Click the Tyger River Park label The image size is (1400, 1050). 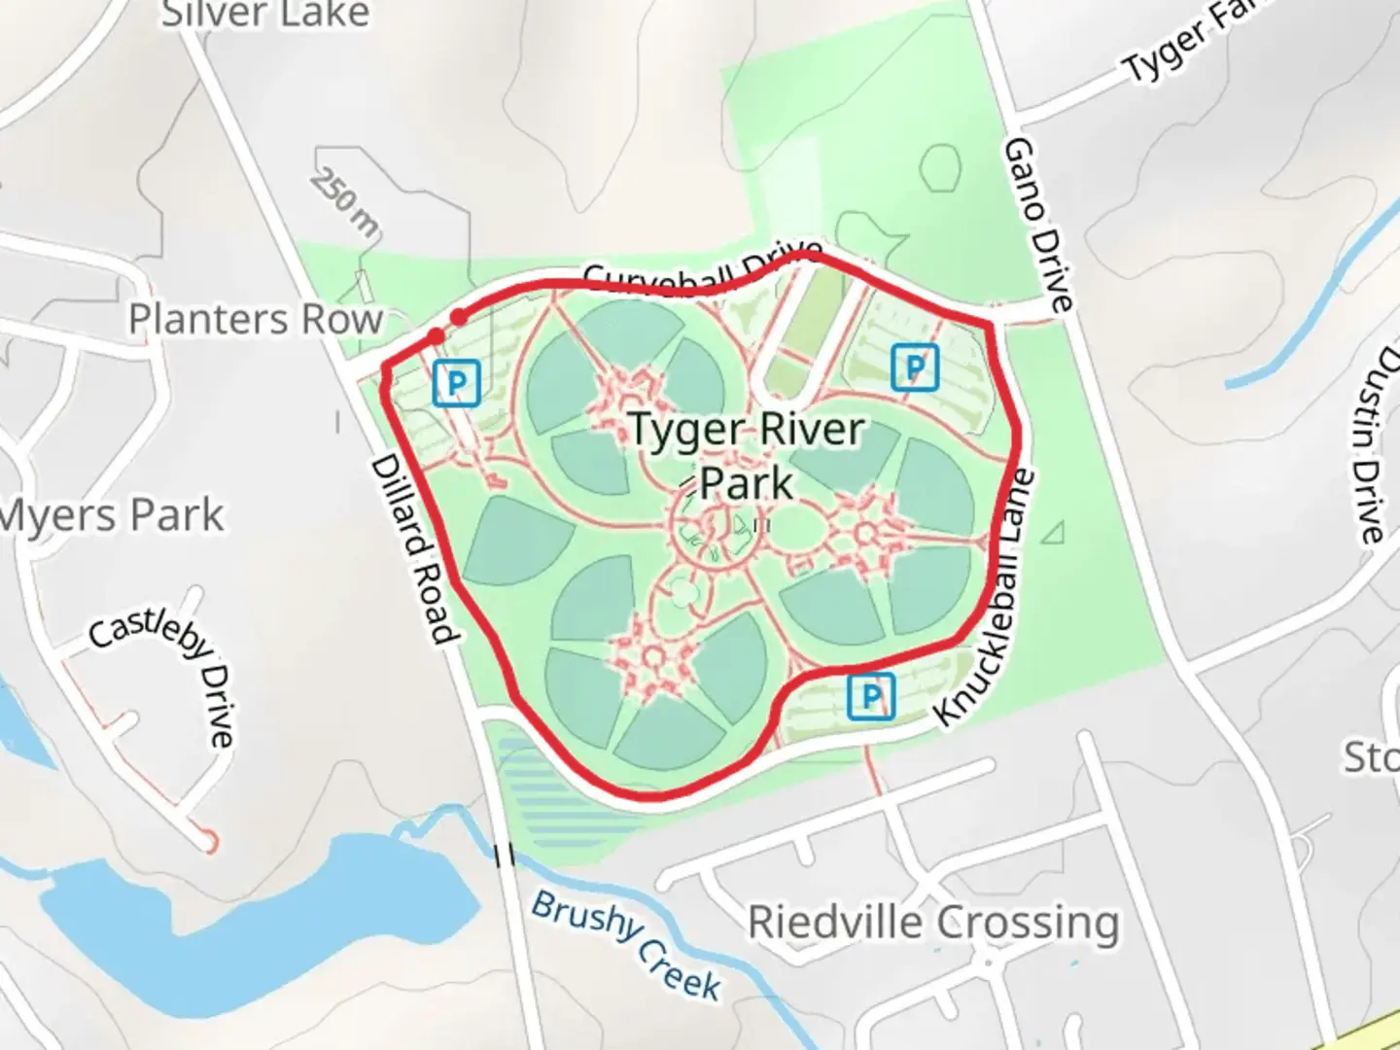click(x=747, y=455)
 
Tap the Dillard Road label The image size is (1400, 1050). click(x=412, y=550)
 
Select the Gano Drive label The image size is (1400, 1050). click(x=1038, y=225)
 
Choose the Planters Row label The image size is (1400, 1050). click(x=256, y=319)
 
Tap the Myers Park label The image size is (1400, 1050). click(x=112, y=515)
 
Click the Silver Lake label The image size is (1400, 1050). click(x=264, y=14)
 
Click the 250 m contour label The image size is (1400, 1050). click(x=345, y=204)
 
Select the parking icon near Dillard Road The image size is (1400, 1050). click(x=456, y=383)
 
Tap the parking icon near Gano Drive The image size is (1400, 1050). click(x=914, y=367)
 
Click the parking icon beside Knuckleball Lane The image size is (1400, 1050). click(x=870, y=696)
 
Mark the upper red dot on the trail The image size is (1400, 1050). click(x=458, y=317)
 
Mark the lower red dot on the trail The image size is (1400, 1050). click(x=436, y=335)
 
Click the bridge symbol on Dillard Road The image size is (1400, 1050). click(x=505, y=856)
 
